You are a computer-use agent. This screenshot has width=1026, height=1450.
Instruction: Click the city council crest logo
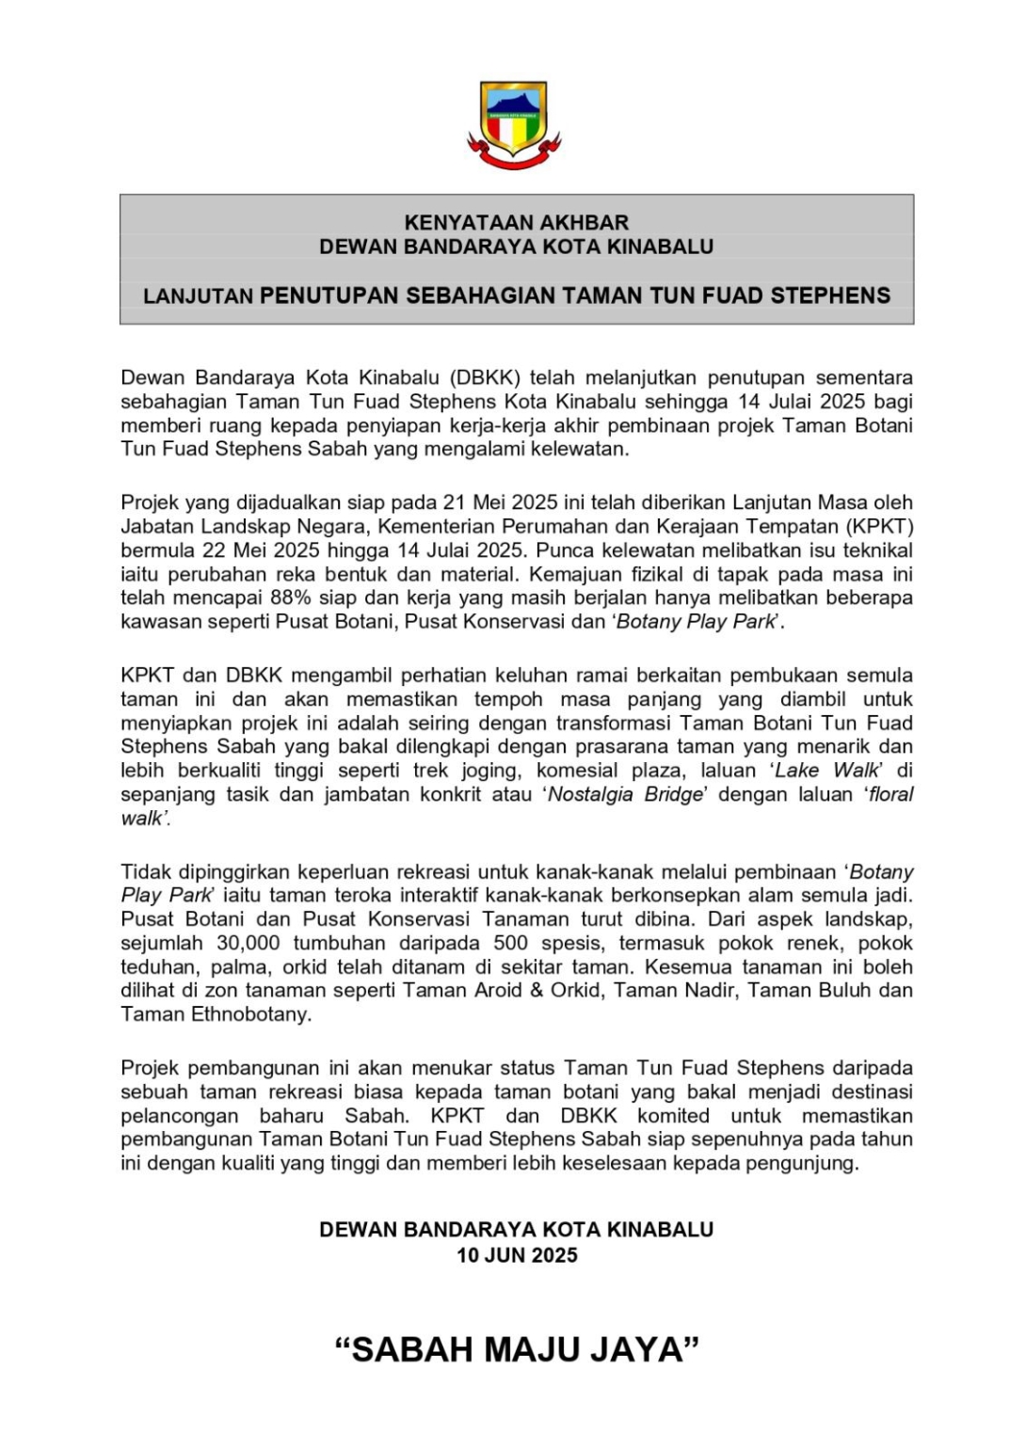(514, 124)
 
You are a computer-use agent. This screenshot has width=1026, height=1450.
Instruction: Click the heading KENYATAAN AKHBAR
(516, 223)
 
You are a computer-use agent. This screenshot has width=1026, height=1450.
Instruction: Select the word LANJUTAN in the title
(198, 296)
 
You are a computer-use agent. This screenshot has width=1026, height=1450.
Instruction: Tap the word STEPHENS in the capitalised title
(830, 295)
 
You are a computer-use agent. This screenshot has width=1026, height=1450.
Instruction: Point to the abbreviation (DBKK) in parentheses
(486, 378)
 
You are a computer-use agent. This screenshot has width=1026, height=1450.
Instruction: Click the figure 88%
(291, 598)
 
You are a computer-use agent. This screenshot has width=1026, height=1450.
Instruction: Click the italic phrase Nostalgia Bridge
(625, 794)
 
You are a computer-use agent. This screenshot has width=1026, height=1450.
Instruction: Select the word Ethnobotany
(251, 1014)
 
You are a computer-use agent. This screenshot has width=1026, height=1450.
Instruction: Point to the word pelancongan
(179, 1116)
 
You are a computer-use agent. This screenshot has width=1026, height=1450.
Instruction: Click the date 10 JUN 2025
(517, 1255)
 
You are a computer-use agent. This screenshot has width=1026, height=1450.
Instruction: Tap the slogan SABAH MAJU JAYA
(517, 1349)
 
